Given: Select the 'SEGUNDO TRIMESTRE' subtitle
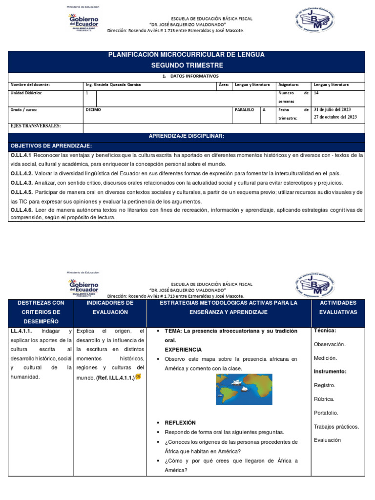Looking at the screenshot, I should coord(187,65).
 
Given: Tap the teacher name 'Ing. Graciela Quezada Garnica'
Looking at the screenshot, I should coord(113,84).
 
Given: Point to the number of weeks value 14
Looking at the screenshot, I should coord(316,92).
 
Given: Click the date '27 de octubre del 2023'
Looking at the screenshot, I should coord(335,117).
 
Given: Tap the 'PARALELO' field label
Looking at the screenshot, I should coord(244,110).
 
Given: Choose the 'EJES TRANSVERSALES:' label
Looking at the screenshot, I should coord(36,126).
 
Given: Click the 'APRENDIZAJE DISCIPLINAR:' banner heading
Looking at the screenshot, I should coord(187,136).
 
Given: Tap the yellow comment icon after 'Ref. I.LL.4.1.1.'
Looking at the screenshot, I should coord(138,377).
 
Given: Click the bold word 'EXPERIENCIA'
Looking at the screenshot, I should coord(183,350).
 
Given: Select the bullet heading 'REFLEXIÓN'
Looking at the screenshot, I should coord(180,423).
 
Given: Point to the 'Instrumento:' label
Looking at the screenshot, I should coord(330,372).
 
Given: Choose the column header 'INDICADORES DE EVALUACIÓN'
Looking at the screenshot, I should coord(110,307).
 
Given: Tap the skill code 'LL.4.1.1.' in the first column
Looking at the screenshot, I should coord(21,331).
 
